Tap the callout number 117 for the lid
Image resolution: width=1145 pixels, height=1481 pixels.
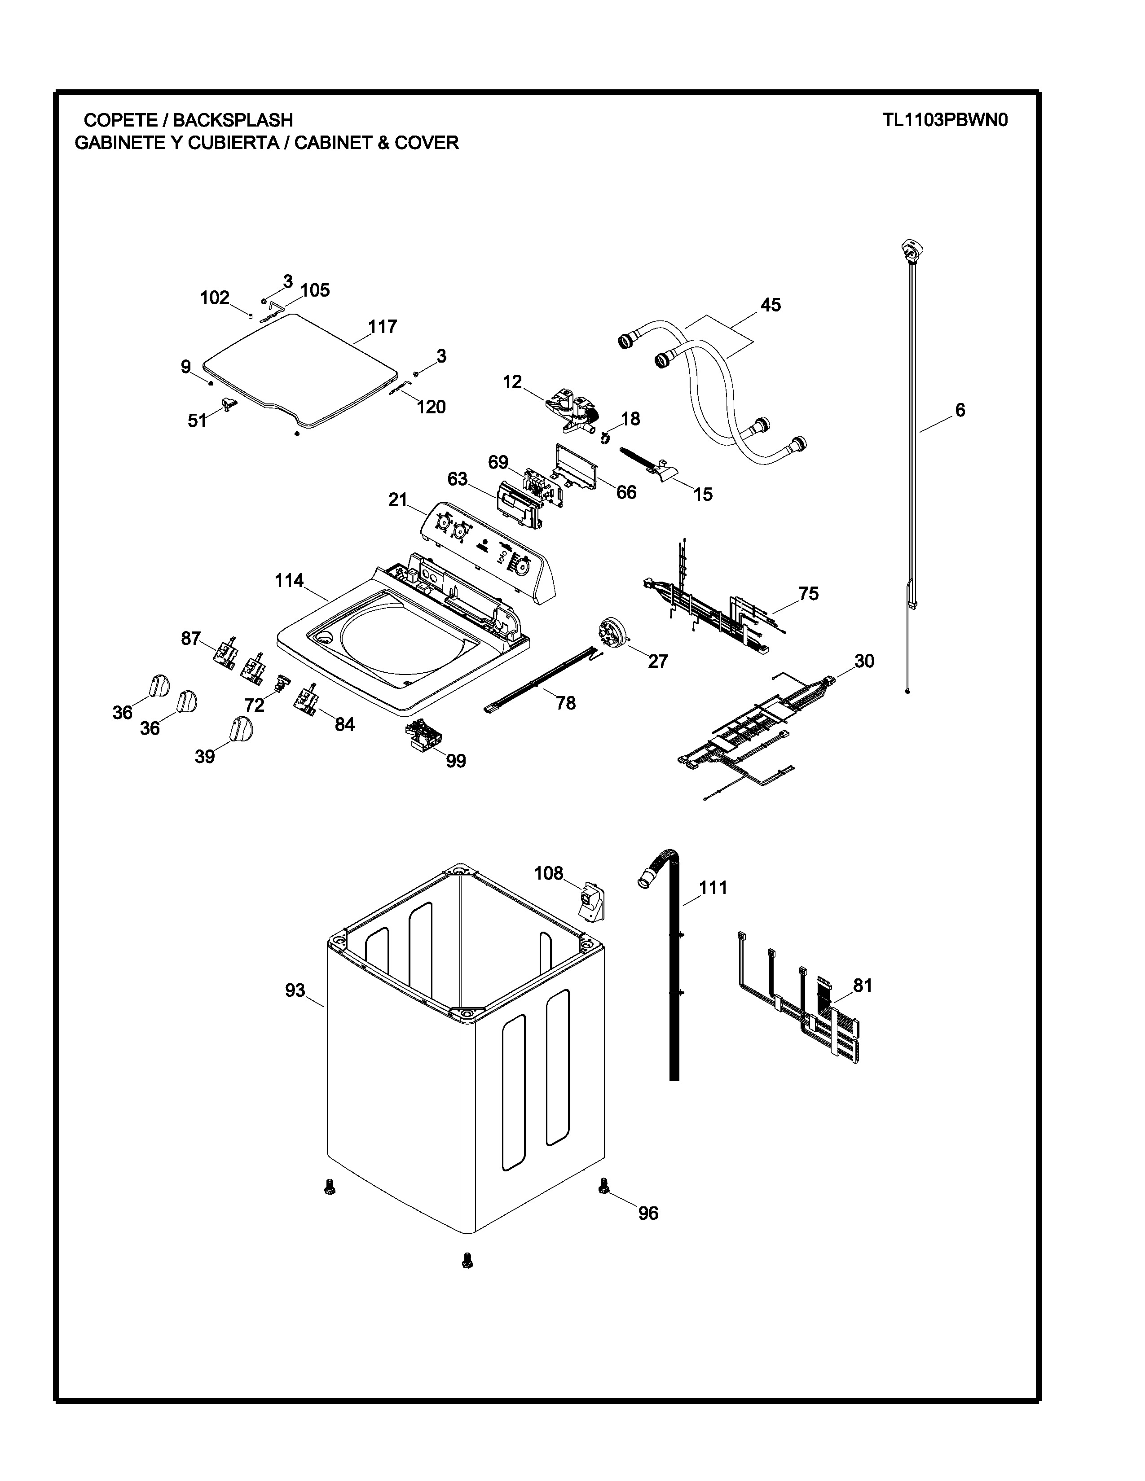382,327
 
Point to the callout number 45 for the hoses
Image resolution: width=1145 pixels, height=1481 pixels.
770,305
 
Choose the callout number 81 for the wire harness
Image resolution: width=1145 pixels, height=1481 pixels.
862,985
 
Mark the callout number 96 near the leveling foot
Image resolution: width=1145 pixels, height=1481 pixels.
648,1213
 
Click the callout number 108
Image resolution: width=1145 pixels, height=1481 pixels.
548,873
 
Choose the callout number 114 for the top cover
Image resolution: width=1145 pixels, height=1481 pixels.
289,581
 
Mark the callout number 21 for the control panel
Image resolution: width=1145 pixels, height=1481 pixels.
397,500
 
